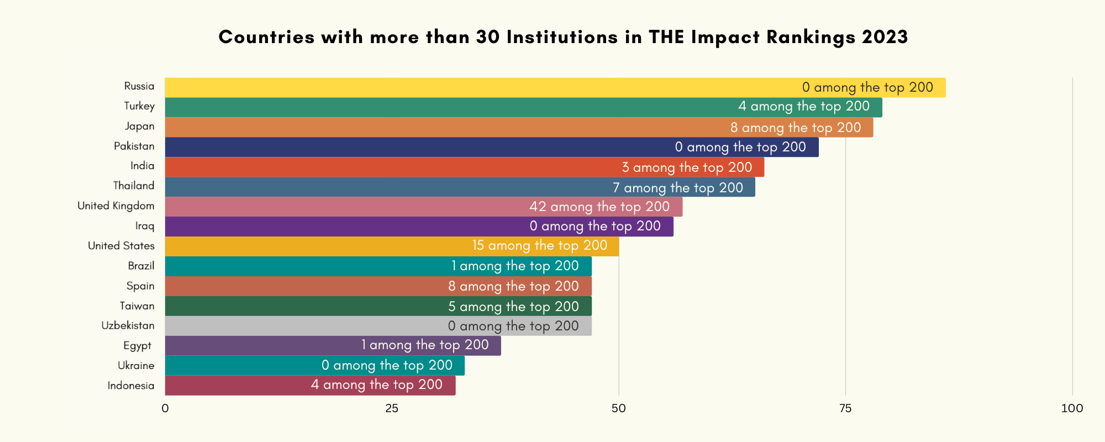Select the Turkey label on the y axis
(139, 106)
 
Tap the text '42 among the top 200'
(599, 207)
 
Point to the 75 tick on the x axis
(845, 408)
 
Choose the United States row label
(121, 246)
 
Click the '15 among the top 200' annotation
(540, 245)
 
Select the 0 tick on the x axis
(165, 408)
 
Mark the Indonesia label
(131, 386)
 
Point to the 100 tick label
(1072, 408)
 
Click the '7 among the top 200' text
(678, 187)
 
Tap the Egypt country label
(137, 346)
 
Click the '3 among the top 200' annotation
(687, 167)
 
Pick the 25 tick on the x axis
(392, 408)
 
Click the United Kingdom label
(116, 206)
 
